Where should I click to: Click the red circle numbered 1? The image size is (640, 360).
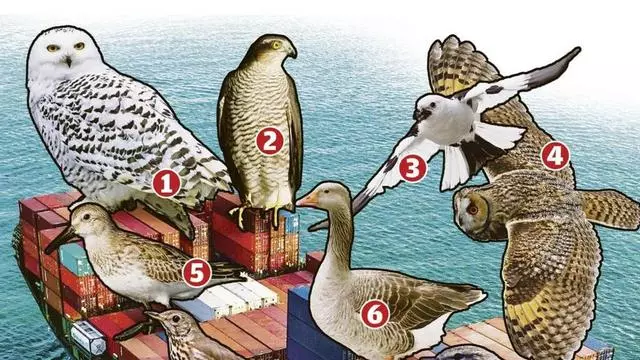[x=167, y=184]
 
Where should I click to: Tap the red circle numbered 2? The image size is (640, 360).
[x=270, y=141]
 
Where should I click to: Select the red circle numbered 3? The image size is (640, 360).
[x=413, y=169]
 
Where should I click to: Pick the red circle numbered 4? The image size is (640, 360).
[x=555, y=156]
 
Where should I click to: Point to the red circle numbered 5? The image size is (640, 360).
[x=197, y=273]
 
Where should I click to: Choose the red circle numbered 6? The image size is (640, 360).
[x=375, y=314]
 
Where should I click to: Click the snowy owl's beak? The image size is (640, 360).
[x=68, y=61]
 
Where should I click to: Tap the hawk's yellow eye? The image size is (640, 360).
[x=277, y=45]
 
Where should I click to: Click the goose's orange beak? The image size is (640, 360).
[x=307, y=200]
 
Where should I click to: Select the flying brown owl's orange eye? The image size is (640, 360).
[x=472, y=209]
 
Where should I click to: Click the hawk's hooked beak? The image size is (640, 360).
[x=292, y=52]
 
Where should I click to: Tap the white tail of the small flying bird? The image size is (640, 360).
[x=454, y=167]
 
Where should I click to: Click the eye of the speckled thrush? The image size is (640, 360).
[x=176, y=319]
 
